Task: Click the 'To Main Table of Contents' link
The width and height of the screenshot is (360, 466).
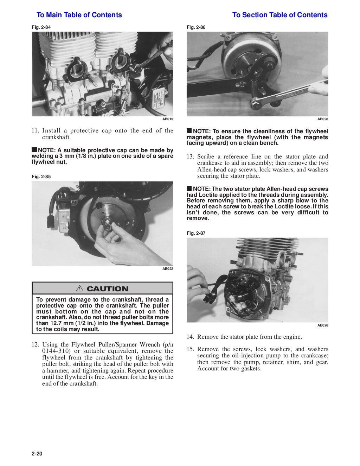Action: [79, 15]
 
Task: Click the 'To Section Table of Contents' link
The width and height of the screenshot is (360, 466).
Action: [280, 15]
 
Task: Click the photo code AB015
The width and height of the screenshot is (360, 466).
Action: [168, 119]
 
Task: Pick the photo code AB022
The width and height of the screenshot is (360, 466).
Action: [168, 269]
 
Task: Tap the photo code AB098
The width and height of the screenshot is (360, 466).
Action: [322, 119]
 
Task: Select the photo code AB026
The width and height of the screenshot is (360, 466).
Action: [322, 325]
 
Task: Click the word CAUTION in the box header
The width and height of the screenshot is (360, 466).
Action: [107, 289]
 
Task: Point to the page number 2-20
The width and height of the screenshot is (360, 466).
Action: [37, 454]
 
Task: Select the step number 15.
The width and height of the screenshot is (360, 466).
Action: [190, 349]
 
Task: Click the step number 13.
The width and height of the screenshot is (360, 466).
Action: [190, 157]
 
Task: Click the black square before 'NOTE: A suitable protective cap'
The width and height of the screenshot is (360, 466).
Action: [34, 150]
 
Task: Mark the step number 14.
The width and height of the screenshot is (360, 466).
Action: [190, 337]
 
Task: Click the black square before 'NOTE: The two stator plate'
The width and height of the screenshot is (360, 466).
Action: [189, 188]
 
